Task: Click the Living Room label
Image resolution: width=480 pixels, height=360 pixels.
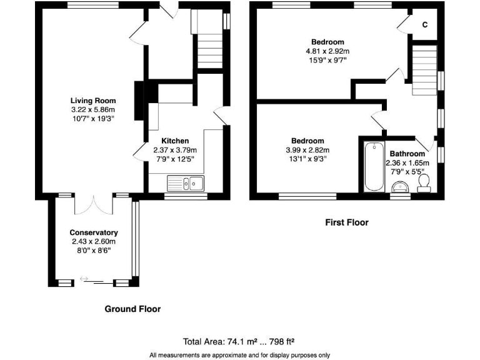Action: (93, 101)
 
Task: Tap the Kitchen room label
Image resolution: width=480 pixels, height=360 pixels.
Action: (175, 141)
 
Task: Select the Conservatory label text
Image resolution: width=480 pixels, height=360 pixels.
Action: (94, 232)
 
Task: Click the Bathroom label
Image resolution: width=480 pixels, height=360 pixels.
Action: (407, 154)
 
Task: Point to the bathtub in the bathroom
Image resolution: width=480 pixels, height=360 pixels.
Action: (374, 166)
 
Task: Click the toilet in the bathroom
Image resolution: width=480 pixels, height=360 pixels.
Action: (424, 183)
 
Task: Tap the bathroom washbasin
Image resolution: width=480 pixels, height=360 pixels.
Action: (401, 187)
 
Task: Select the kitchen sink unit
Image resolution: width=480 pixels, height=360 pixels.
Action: (186, 183)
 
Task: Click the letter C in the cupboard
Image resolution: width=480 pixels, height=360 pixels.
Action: (425, 25)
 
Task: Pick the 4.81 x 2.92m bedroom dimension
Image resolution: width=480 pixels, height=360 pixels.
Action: (327, 51)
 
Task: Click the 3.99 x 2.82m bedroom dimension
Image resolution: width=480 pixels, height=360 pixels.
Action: (307, 150)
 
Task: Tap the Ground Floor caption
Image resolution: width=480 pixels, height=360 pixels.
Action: (132, 309)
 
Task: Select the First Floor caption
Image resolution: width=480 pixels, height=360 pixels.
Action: (347, 222)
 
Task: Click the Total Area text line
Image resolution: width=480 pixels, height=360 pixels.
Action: (239, 342)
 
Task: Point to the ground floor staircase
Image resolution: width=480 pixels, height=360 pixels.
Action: (207, 39)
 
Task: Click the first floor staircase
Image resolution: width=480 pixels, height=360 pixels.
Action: (424, 70)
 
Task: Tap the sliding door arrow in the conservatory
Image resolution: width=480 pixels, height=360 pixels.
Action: (84, 279)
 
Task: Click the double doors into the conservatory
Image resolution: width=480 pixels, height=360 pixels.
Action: (94, 205)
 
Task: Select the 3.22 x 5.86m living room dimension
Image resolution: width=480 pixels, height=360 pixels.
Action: (93, 109)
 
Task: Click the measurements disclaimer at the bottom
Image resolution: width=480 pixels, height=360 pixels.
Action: (240, 355)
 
